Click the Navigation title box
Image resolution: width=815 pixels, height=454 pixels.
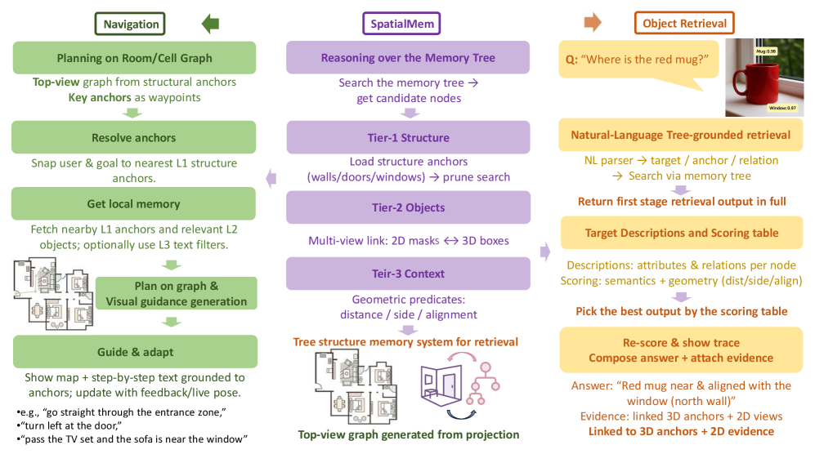click(130, 24)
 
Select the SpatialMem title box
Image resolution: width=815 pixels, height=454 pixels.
click(401, 24)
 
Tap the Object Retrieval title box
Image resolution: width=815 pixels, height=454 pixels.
click(684, 24)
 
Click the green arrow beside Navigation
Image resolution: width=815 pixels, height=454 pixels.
click(211, 23)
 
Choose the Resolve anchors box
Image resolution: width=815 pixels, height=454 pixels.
click(133, 138)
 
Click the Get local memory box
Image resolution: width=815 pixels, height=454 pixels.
click(133, 204)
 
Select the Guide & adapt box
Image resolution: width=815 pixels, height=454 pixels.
click(133, 352)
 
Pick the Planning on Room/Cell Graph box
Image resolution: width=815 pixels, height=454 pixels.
click(133, 58)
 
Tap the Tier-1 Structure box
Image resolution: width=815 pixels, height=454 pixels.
click(408, 137)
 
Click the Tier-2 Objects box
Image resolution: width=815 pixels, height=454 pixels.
click(408, 207)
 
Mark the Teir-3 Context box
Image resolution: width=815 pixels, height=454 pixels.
click(408, 273)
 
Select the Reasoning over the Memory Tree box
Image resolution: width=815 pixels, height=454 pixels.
click(408, 58)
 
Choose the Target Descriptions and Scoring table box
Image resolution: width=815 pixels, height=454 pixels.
click(681, 233)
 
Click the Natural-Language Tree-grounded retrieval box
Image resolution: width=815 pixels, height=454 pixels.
click(681, 135)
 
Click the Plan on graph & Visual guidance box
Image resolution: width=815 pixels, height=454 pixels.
click(176, 294)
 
